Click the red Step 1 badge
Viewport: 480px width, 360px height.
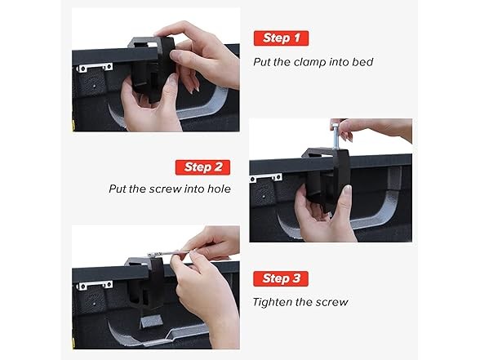pos(281,38)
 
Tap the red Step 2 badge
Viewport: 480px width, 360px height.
pos(202,167)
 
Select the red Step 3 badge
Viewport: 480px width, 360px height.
pos(281,278)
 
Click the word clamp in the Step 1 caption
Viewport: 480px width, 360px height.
pos(309,62)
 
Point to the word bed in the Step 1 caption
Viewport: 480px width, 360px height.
pos(362,62)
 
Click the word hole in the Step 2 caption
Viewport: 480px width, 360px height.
pos(219,189)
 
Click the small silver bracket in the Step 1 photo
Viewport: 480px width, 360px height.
pos(95,67)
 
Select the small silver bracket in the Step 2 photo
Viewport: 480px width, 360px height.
pos(266,178)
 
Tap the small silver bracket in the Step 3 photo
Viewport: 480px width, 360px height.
pos(95,285)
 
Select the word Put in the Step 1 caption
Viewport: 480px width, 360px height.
pos(262,62)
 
